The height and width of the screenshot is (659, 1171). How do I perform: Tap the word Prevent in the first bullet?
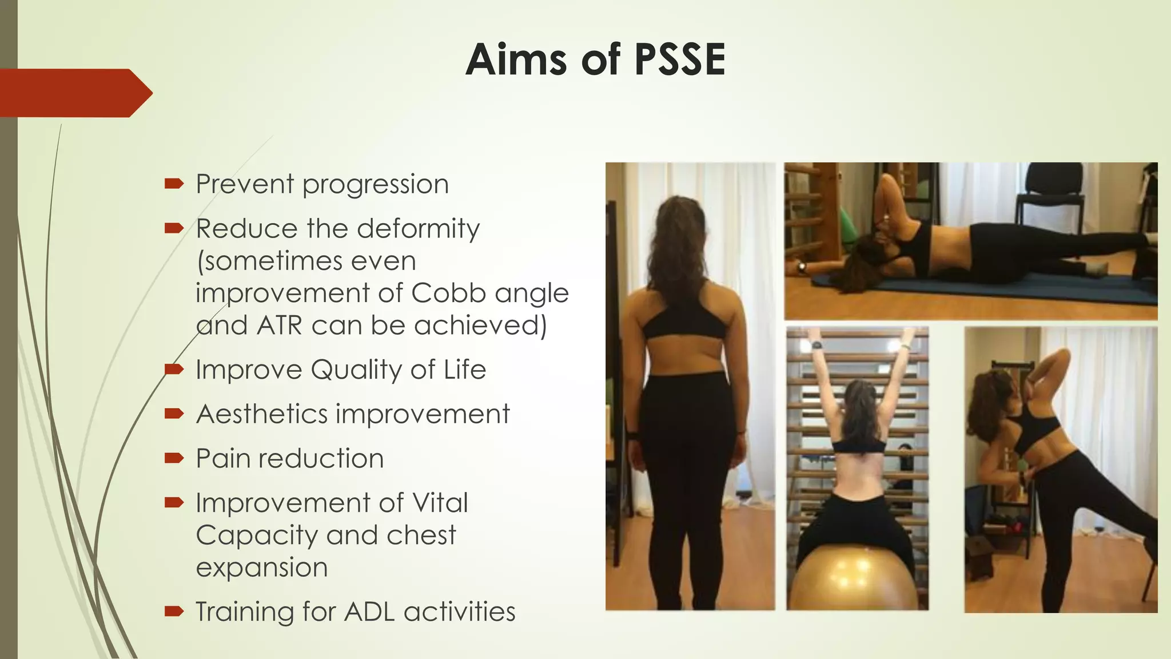click(x=245, y=184)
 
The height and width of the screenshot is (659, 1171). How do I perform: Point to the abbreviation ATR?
click(x=279, y=325)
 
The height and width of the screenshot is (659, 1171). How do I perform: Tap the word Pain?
click(x=223, y=459)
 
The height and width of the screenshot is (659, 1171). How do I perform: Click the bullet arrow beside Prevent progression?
click(x=174, y=184)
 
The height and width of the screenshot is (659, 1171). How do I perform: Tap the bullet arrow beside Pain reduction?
click(x=174, y=458)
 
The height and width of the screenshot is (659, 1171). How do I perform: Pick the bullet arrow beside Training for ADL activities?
click(x=174, y=612)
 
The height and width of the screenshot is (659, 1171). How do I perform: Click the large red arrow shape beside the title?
click(x=74, y=93)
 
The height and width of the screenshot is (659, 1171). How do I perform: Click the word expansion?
click(x=262, y=567)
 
